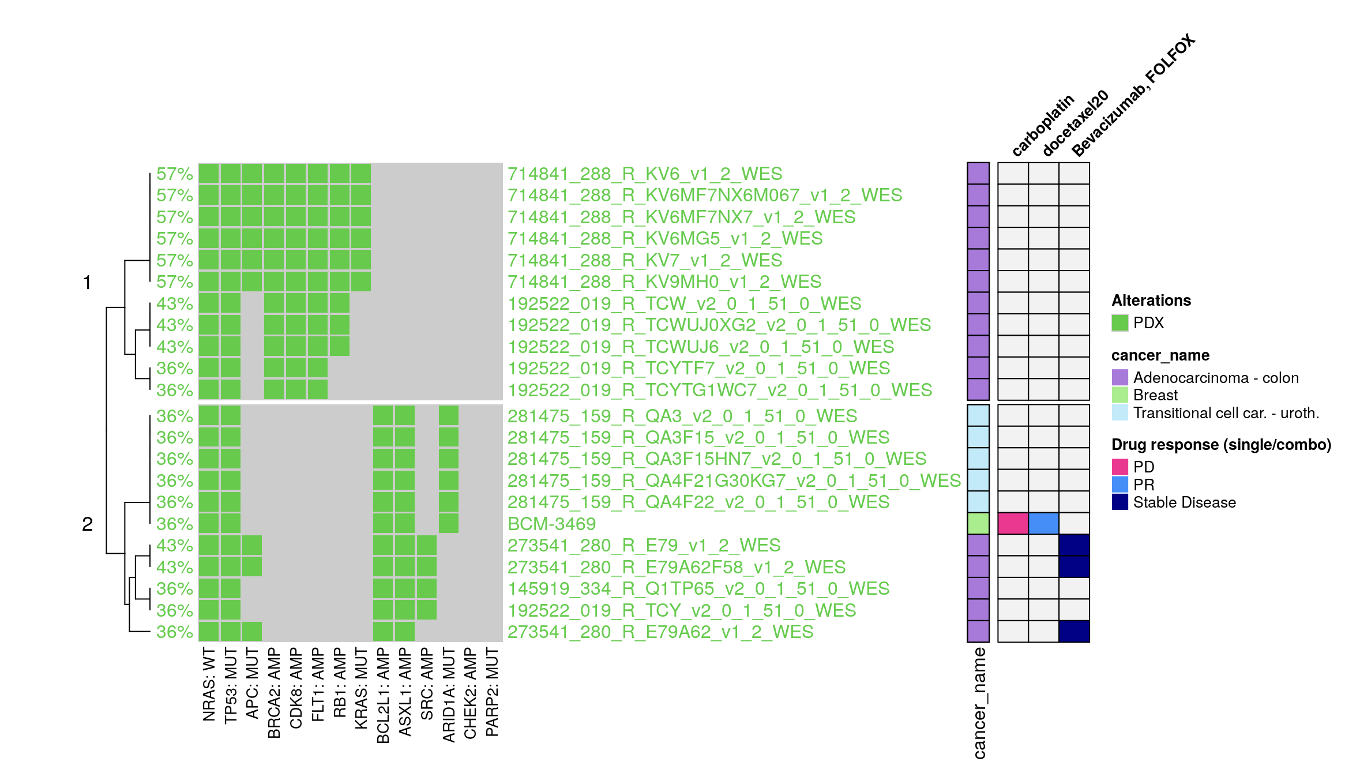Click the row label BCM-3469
tap(551, 524)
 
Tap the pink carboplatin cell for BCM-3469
tap(1013, 524)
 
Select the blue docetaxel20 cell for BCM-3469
tap(1043, 524)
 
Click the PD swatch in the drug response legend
tap(1119, 467)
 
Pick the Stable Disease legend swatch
tap(1119, 502)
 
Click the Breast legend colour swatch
tap(1119, 395)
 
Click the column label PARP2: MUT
tap(492, 692)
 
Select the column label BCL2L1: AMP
tap(383, 695)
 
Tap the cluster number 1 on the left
tap(87, 283)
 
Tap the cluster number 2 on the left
tap(87, 524)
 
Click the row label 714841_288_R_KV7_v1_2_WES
tap(644, 260)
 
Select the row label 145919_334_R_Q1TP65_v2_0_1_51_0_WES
tap(698, 588)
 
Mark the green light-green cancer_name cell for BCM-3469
tap(978, 524)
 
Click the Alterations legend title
tap(1151, 301)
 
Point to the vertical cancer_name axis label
tap(979, 703)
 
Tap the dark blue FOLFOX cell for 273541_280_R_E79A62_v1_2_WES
tap(1074, 632)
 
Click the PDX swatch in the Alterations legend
tap(1119, 323)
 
